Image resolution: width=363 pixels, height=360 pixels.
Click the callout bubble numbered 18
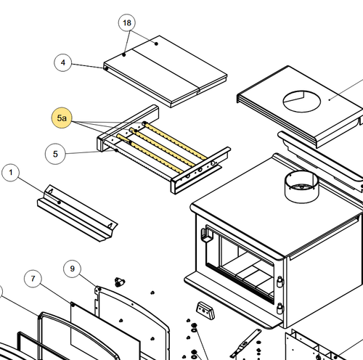127,22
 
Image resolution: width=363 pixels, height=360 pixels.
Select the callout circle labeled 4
63,62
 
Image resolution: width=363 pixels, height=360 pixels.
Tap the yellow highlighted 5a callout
62,118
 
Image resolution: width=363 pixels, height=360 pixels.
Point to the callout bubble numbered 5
55,154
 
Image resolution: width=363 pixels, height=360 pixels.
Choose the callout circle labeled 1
10,173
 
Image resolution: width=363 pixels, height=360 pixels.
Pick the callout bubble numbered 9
72,269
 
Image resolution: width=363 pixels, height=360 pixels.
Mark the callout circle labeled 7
33,279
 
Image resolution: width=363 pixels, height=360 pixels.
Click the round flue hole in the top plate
302,102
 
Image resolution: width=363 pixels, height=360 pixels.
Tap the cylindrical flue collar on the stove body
301,187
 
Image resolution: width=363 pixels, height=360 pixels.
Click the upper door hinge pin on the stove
280,282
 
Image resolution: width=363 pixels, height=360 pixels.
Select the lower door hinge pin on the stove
280,308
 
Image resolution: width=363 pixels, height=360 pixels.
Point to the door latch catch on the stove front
206,234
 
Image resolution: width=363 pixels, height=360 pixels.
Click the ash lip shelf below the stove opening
232,300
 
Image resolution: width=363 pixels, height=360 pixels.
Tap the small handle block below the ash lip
205,311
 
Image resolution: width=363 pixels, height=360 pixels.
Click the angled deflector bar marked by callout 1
77,213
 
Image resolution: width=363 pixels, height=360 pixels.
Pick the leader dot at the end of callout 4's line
106,69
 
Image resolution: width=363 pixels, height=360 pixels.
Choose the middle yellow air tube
162,147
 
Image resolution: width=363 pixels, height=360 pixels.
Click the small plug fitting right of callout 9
119,282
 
